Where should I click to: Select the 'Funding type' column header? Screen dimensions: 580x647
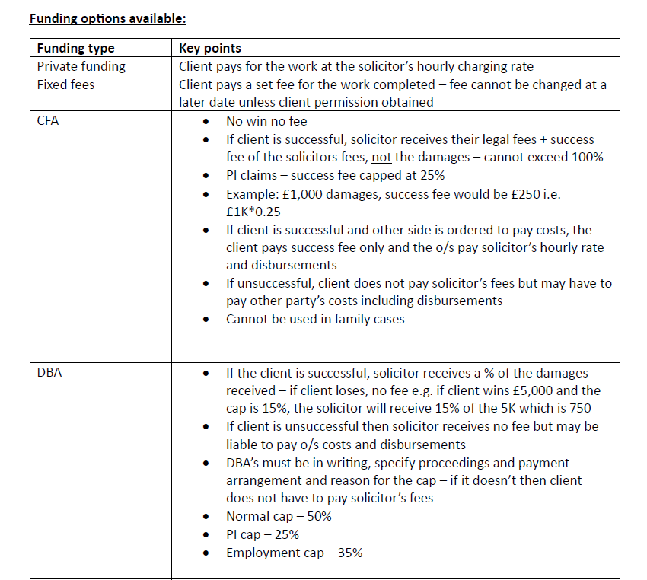point(75,49)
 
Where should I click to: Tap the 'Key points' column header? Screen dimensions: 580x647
point(210,49)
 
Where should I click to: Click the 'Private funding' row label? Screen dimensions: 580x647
point(81,66)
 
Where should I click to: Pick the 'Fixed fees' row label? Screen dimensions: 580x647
point(66,84)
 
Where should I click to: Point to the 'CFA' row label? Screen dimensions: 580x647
point(48,120)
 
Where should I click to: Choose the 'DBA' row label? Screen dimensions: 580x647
point(49,373)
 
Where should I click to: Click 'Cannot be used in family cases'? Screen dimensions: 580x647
point(315,319)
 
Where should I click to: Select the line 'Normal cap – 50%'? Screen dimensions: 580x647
point(279,516)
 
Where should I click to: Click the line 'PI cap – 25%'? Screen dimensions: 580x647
point(263,534)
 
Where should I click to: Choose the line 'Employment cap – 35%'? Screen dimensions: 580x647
point(294,553)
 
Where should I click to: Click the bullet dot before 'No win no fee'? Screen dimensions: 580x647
point(206,122)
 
